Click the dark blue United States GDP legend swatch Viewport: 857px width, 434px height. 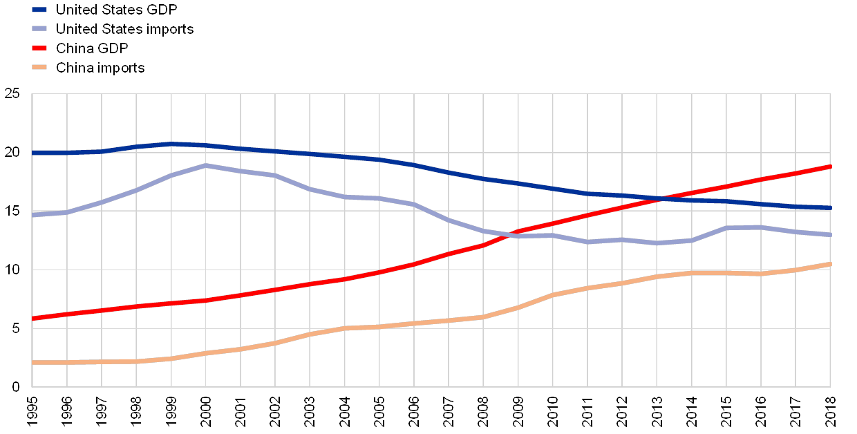coord(39,10)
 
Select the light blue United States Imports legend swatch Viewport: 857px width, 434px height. coord(39,29)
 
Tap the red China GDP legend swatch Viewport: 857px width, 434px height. coord(39,48)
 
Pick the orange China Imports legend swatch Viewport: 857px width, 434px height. coord(39,68)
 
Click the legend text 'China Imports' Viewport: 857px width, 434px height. coord(100,68)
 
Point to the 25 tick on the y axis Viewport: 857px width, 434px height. coord(12,93)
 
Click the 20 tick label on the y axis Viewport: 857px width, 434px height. coord(12,152)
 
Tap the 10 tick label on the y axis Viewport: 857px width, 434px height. coord(12,270)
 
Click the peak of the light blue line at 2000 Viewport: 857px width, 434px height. coord(205,165)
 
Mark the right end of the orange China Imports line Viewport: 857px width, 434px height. coord(829,264)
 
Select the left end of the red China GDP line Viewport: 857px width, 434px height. coord(32,319)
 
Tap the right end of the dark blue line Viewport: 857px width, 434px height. coord(829,208)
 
